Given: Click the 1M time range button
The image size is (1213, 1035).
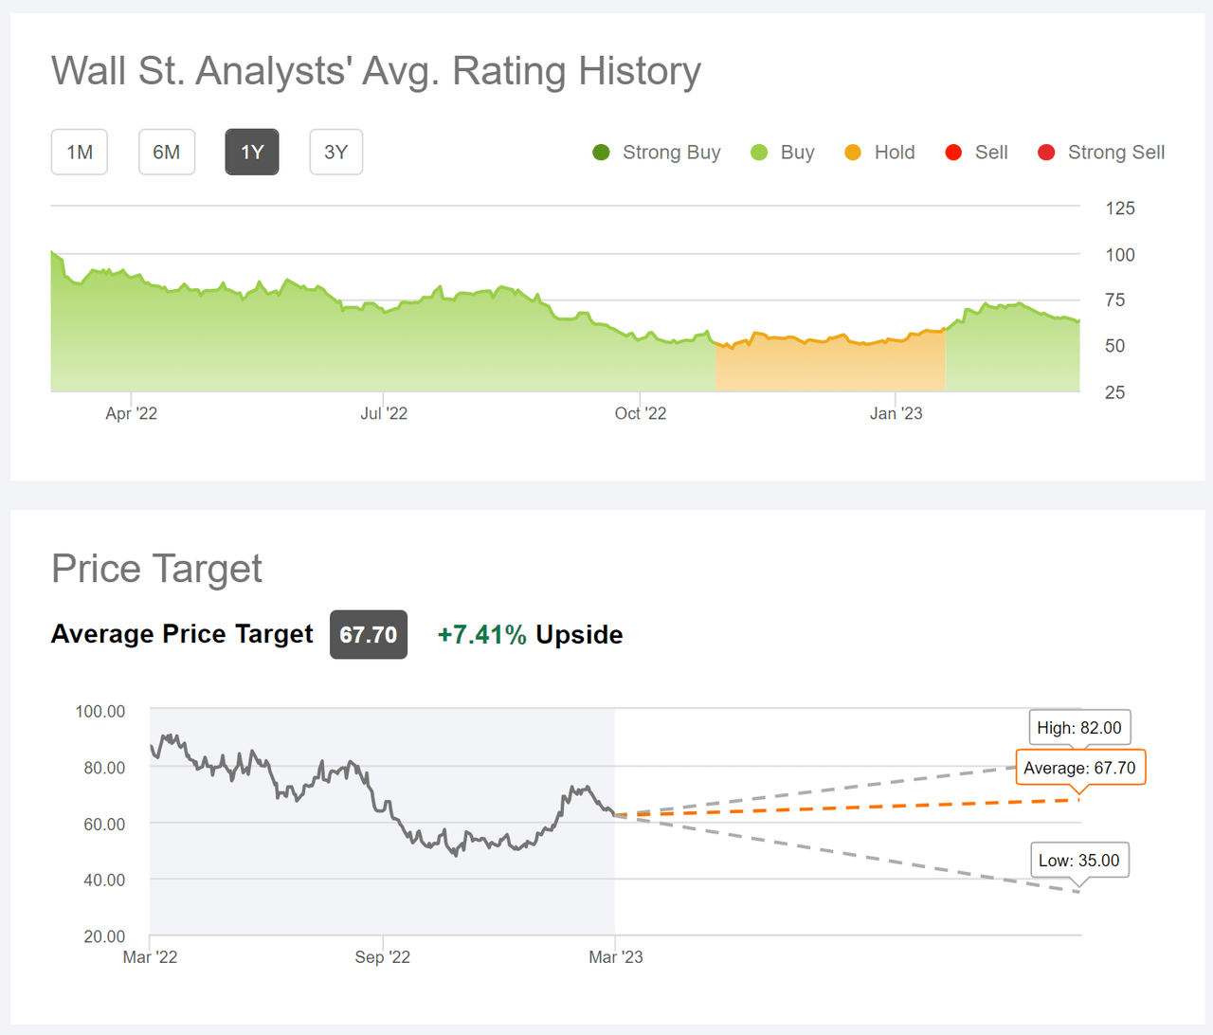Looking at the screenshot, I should click(x=80, y=153).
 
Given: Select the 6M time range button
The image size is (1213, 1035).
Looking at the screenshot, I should click(x=167, y=153).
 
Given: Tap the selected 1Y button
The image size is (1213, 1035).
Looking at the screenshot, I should click(x=252, y=153).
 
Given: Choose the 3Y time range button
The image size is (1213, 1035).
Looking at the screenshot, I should click(x=336, y=153).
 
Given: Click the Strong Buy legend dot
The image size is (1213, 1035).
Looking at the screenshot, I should click(x=601, y=153).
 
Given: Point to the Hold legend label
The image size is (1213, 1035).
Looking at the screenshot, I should click(x=894, y=153).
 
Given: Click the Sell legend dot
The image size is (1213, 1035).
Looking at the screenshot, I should click(x=953, y=153).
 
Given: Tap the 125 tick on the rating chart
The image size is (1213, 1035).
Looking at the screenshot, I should click(x=1119, y=209).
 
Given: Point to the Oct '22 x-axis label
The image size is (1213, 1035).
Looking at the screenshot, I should click(x=641, y=413).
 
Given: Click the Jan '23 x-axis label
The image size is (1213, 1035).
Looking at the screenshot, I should click(x=896, y=413).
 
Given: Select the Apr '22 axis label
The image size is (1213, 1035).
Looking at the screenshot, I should click(x=132, y=413).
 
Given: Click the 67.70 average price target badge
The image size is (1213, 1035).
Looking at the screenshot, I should click(x=369, y=635).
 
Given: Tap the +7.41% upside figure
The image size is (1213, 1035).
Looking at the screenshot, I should click(x=481, y=635).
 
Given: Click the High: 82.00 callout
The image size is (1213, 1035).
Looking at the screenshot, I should click(x=1079, y=728).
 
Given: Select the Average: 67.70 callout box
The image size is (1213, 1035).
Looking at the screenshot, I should click(x=1079, y=768).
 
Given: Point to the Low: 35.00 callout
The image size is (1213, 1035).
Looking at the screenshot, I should click(x=1078, y=861).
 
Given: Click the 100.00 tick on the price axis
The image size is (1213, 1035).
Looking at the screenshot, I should click(x=100, y=712).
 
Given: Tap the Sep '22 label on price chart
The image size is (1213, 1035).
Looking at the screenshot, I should click(x=383, y=957).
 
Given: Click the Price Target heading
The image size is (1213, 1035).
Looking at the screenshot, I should click(x=157, y=569).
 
